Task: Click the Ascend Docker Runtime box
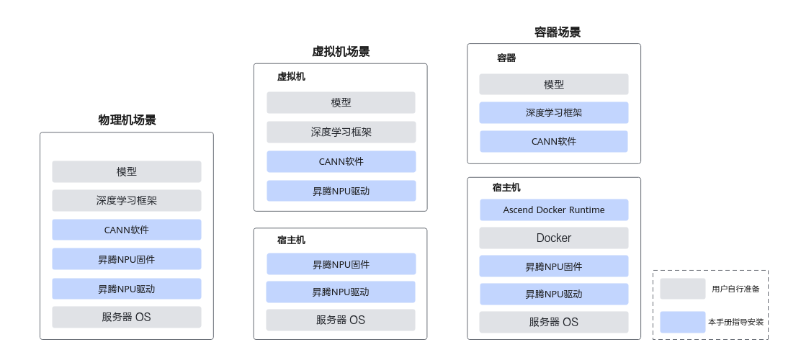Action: tap(554, 210)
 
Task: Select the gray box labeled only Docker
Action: tap(554, 238)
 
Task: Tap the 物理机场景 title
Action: tap(127, 120)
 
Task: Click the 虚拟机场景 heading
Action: tap(341, 51)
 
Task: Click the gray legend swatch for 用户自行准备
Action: tap(682, 289)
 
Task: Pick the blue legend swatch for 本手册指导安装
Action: tap(682, 322)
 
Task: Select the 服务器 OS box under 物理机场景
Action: tap(127, 317)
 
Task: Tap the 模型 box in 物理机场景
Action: tap(127, 171)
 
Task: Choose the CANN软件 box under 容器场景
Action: tap(554, 141)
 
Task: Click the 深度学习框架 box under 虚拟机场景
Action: tap(341, 132)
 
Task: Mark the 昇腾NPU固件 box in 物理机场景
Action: tap(127, 259)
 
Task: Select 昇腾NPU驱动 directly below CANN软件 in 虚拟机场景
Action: tap(341, 191)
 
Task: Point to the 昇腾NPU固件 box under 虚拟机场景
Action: tap(341, 264)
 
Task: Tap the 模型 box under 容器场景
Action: tap(554, 84)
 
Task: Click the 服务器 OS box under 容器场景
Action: tap(554, 322)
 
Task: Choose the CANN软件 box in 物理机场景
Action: tap(127, 230)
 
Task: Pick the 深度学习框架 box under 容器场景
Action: tap(554, 112)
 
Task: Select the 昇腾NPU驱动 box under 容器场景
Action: tap(554, 294)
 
